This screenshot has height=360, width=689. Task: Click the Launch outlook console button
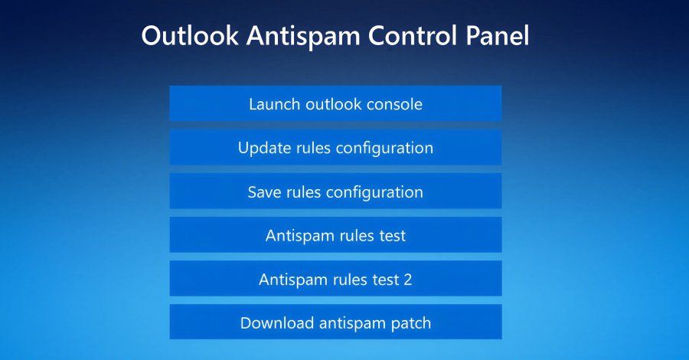335,103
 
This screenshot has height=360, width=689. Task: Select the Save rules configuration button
335,191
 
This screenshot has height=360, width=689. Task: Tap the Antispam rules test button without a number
335,235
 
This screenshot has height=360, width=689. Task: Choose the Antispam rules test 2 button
335,280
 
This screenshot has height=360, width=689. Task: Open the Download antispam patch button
335,322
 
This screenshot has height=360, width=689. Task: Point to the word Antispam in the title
292,37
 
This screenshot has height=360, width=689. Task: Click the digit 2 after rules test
407,280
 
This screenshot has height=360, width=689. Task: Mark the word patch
410,323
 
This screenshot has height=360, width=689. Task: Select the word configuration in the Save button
374,192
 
